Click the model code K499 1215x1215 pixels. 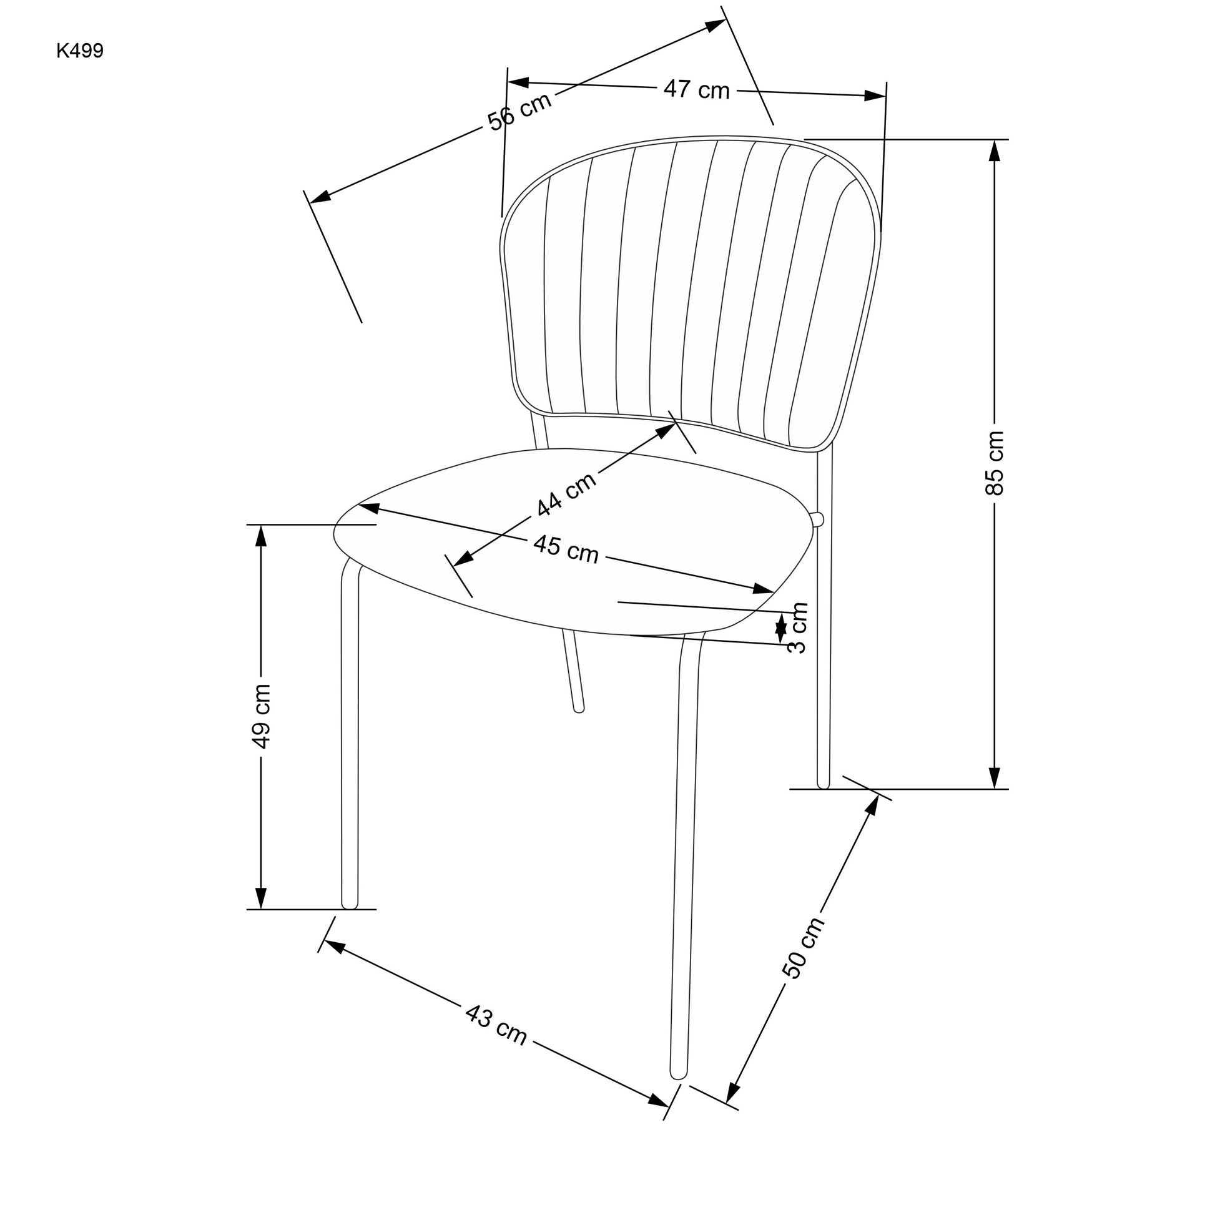tap(80, 51)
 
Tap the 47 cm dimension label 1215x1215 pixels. tap(696, 90)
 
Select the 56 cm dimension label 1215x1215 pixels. tap(519, 111)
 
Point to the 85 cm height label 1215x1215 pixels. tap(994, 463)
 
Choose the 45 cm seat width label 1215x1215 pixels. tap(566, 549)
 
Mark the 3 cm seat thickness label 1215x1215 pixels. tap(797, 627)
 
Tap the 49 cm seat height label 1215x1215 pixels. tap(260, 716)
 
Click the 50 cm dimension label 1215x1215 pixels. tap(803, 948)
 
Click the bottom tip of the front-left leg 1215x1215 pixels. tap(350, 908)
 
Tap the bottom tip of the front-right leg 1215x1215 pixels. tap(679, 1078)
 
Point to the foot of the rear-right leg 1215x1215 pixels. tap(823, 787)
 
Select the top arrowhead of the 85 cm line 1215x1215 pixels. tap(994, 151)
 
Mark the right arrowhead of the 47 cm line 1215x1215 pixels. tap(875, 96)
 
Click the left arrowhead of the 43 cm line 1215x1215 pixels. tap(333, 947)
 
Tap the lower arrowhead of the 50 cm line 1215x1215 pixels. tap(733, 1093)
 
